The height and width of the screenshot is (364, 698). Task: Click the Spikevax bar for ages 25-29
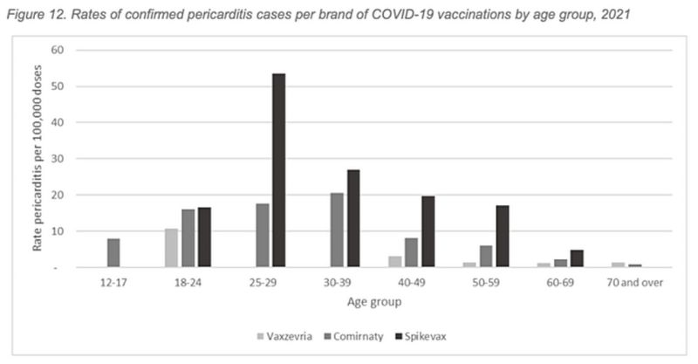(278, 170)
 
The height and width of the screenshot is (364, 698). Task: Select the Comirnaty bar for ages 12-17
(113, 253)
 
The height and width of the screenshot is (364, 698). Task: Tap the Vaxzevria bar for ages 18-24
(171, 248)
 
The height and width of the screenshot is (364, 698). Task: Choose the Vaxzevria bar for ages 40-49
(395, 262)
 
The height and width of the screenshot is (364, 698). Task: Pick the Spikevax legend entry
(423, 334)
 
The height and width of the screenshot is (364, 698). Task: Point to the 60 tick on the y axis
(60, 50)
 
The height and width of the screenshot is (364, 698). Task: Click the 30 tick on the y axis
(60, 159)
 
